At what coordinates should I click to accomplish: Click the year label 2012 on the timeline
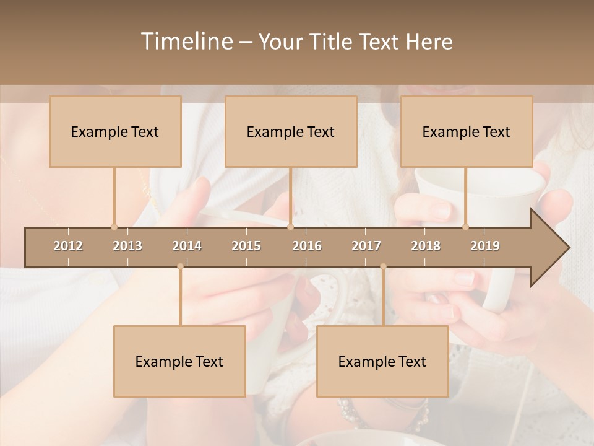(x=68, y=246)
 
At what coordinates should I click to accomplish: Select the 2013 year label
(x=127, y=246)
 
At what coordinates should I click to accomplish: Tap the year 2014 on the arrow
(x=187, y=246)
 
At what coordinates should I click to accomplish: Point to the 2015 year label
(x=246, y=246)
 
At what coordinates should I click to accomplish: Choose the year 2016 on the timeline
(x=307, y=246)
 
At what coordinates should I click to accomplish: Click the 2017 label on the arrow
(x=366, y=246)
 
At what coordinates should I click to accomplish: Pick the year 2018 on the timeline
(x=426, y=246)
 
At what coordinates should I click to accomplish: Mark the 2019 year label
(x=485, y=246)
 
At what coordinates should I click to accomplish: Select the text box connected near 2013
(x=115, y=132)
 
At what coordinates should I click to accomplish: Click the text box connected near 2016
(x=291, y=132)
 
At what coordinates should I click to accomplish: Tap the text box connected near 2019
(x=467, y=132)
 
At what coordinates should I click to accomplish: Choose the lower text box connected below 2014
(x=179, y=362)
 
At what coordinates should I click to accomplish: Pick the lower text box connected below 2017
(x=382, y=362)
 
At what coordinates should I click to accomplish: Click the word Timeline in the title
(x=185, y=42)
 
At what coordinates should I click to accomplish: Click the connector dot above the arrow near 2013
(x=114, y=227)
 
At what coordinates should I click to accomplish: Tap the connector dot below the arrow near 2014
(x=180, y=266)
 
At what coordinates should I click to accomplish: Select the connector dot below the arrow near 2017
(x=383, y=266)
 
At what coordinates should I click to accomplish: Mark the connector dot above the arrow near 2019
(x=466, y=227)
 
